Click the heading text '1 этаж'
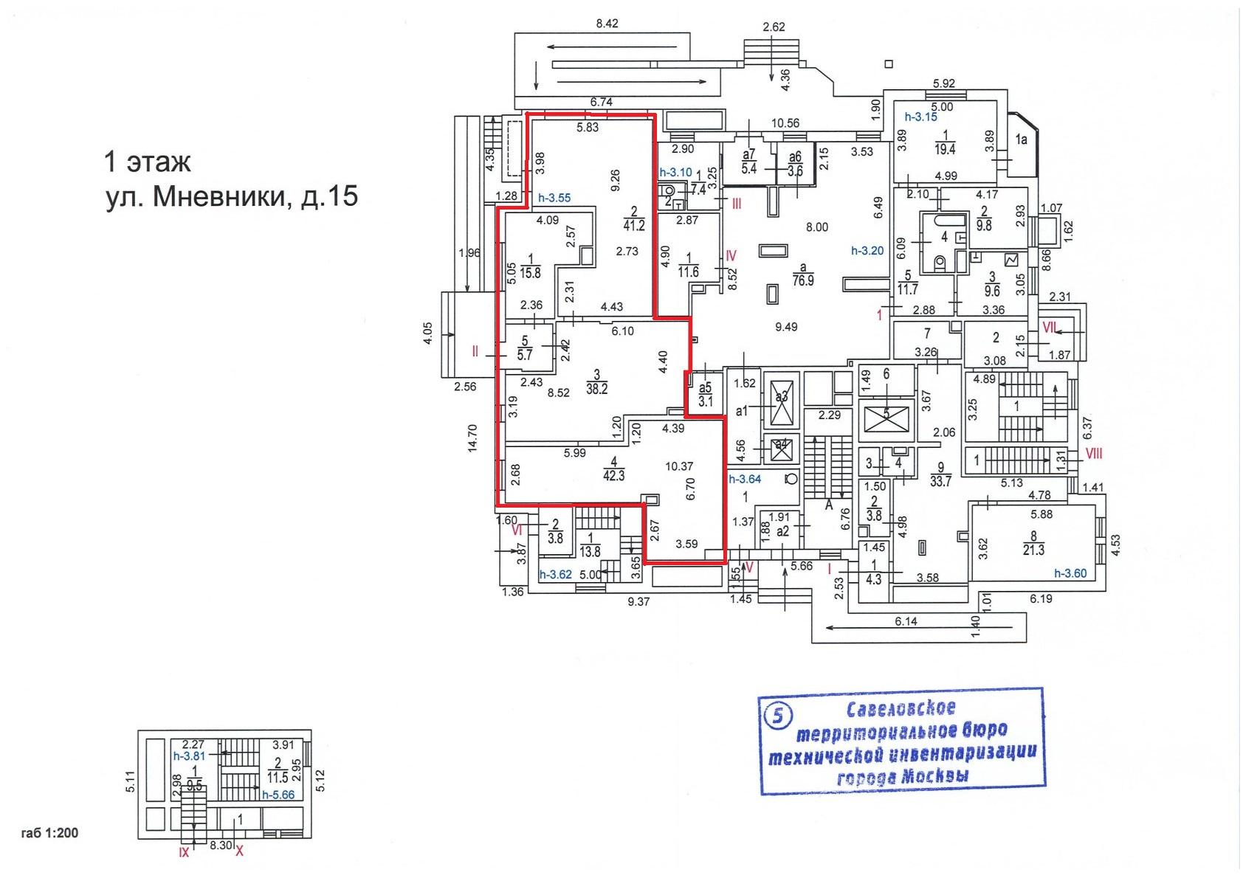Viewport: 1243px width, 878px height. (147, 162)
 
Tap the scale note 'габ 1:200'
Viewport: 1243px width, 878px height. (49, 832)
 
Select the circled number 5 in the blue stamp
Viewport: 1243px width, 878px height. (779, 716)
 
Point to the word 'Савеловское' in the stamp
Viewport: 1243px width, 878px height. (901, 708)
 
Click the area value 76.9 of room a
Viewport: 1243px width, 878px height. (803, 280)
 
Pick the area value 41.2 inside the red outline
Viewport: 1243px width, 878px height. (634, 225)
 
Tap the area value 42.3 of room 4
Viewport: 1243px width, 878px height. (613, 475)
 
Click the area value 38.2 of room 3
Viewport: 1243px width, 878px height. (596, 389)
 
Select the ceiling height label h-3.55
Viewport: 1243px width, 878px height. (554, 198)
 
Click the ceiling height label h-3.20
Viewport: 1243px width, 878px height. (867, 251)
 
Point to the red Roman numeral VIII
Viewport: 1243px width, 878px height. (1094, 454)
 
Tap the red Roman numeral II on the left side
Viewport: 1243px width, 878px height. (475, 351)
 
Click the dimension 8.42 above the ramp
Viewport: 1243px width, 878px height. (607, 24)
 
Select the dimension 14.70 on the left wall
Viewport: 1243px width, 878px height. (472, 438)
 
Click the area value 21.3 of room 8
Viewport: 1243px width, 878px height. (1033, 550)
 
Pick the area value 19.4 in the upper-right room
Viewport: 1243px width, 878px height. (945, 148)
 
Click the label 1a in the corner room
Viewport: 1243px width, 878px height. (1021, 139)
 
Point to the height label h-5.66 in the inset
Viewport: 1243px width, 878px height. (278, 794)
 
